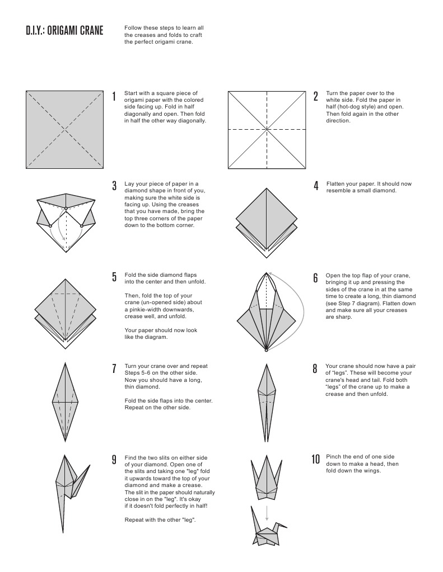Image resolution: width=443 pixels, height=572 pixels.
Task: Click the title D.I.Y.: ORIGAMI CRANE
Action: click(x=64, y=31)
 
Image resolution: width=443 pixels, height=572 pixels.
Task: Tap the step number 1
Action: click(x=114, y=97)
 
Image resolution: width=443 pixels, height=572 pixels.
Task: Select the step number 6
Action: click(x=316, y=278)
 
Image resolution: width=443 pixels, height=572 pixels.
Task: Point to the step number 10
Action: click(x=315, y=460)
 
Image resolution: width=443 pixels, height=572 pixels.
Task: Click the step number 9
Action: click(x=114, y=460)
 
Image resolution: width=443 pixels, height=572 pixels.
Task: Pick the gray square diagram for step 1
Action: click(x=65, y=129)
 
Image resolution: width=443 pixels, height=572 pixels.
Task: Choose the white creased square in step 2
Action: click(x=267, y=129)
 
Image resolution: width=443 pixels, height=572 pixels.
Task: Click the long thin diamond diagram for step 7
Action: click(x=65, y=401)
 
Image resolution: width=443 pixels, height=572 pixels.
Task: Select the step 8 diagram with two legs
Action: click(x=267, y=401)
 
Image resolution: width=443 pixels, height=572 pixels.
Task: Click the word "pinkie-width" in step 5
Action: click(x=143, y=309)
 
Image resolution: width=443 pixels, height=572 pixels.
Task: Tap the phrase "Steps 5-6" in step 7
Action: click(x=138, y=373)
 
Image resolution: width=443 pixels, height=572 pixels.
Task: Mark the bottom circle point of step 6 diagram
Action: click(x=266, y=351)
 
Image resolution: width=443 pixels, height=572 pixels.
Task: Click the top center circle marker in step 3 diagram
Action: click(x=66, y=209)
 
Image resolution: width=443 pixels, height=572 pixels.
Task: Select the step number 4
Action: click(x=316, y=186)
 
